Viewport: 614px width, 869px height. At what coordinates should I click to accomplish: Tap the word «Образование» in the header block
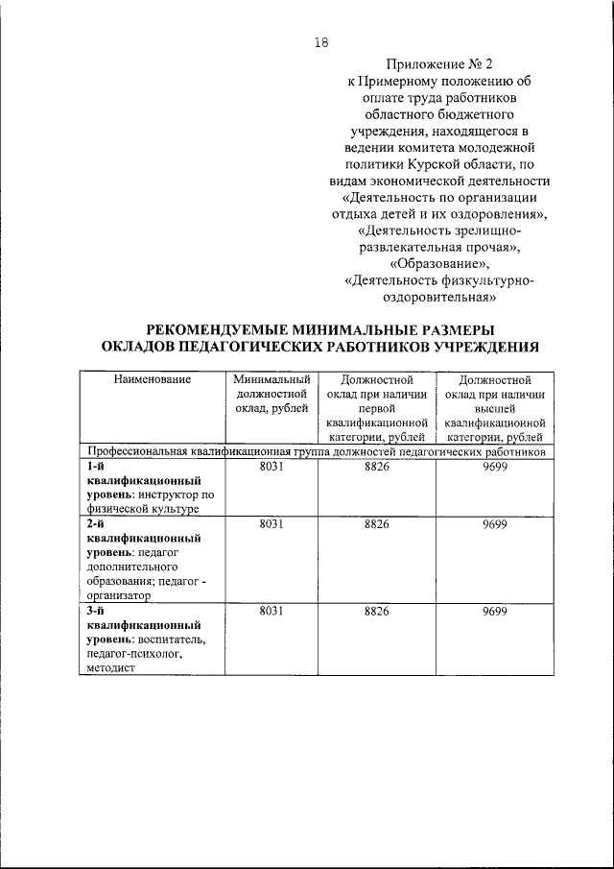pyautogui.click(x=438, y=263)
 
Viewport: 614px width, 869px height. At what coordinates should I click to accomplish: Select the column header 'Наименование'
pyautogui.click(x=152, y=379)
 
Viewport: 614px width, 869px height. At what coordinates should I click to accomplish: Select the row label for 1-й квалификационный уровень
pyautogui.click(x=144, y=486)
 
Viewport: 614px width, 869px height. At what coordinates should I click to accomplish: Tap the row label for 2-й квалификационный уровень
pyautogui.click(x=144, y=560)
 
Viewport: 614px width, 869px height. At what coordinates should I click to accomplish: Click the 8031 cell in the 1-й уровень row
pyautogui.click(x=272, y=466)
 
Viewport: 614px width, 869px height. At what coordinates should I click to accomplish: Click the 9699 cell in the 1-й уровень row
pyautogui.click(x=495, y=466)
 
